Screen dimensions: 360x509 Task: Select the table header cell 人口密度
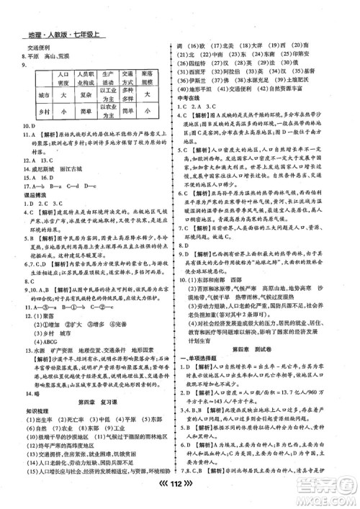63,77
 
